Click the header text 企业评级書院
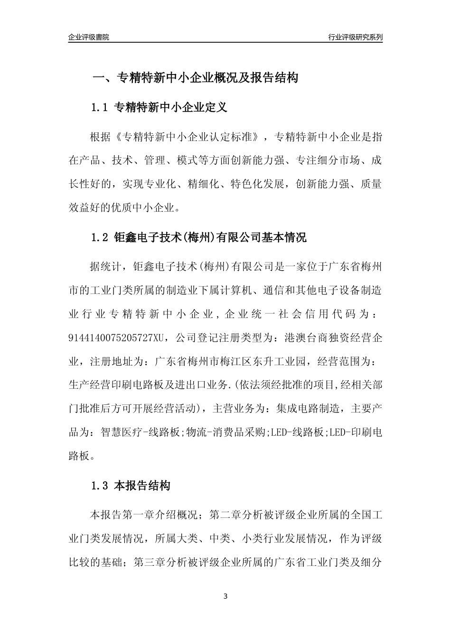pos(89,37)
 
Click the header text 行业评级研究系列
pos(355,37)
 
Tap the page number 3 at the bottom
pos(225,596)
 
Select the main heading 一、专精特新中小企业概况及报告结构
pos(195,78)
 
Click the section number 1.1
pos(100,108)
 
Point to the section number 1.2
pos(100,237)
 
